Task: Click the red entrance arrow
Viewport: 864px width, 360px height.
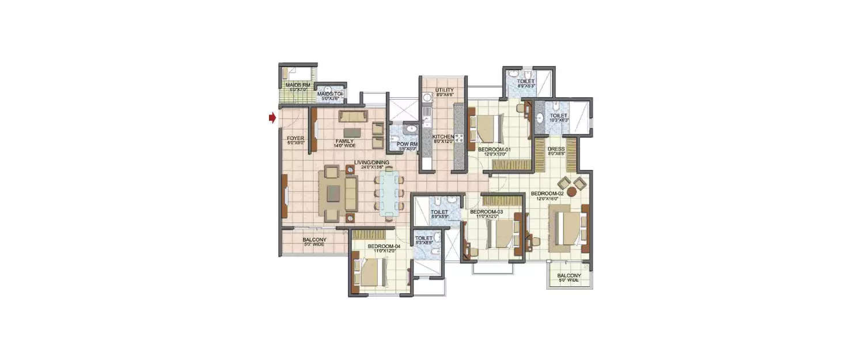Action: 271,118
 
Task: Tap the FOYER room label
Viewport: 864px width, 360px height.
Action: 295,138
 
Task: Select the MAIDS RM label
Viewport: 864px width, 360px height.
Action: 298,85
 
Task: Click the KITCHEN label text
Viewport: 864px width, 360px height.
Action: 444,137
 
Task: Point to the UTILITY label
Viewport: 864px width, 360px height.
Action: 444,90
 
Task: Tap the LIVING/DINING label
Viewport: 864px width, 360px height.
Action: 372,162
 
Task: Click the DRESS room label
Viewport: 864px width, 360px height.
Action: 556,149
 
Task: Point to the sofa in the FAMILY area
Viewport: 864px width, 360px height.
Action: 352,116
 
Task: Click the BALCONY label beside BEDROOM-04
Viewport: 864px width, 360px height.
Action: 314,240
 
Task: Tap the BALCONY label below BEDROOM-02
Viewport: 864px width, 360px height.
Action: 569,276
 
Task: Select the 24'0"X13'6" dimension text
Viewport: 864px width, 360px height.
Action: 372,168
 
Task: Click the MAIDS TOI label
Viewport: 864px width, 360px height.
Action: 331,93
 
